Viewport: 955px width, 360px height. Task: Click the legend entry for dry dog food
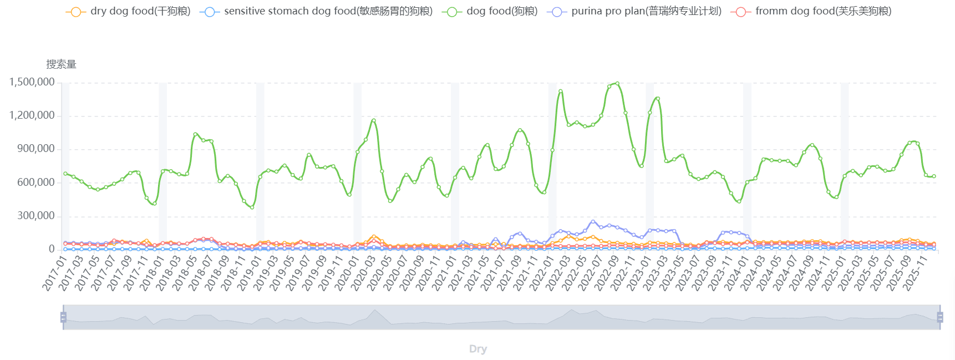point(128,11)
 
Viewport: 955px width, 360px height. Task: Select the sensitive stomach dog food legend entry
point(316,11)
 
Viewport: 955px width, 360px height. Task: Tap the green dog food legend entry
point(490,11)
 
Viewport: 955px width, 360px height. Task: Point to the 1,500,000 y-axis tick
point(32,82)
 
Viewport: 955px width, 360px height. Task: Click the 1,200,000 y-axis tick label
point(32,115)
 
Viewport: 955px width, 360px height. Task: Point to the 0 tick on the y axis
point(52,249)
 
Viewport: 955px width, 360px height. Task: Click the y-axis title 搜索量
point(61,64)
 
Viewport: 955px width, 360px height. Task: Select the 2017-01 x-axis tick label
point(55,272)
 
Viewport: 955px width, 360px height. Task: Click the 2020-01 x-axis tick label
point(347,272)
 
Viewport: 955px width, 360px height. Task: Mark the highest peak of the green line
point(617,83)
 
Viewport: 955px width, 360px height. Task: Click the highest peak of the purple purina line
point(593,221)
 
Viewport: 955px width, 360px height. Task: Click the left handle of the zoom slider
point(63,317)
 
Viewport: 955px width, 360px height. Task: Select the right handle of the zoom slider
point(940,317)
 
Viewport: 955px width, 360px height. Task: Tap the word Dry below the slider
point(478,349)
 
